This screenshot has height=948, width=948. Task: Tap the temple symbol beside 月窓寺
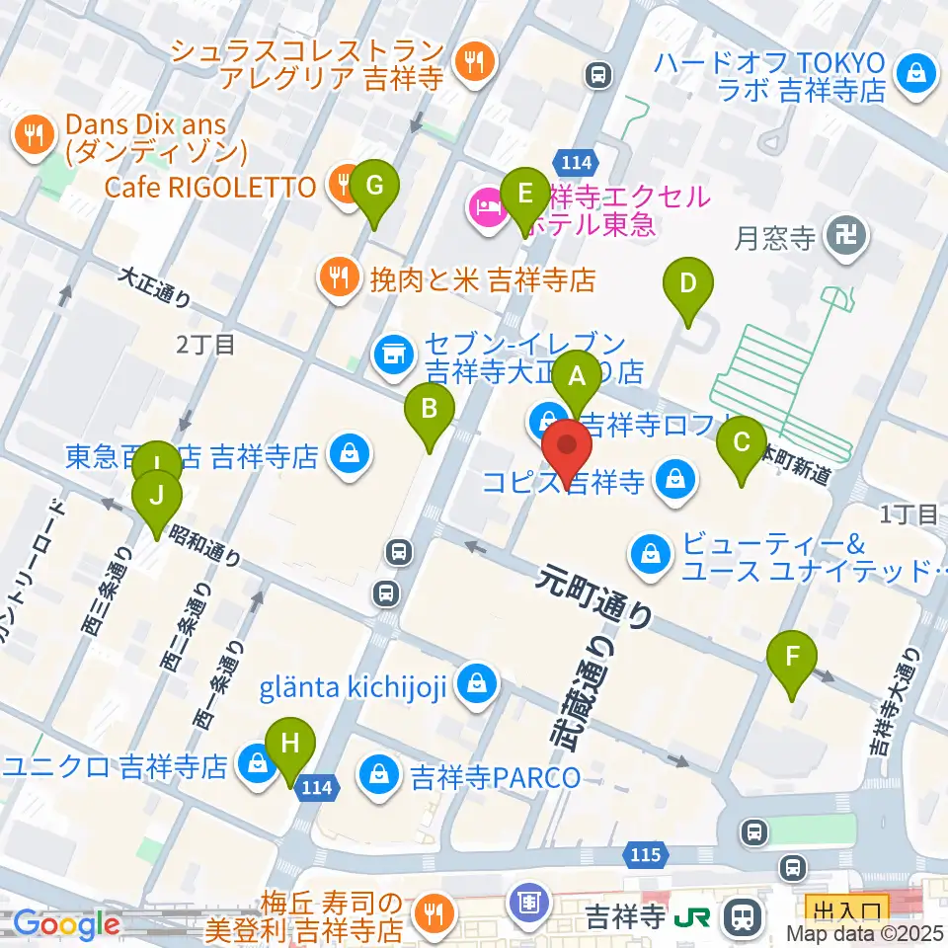click(851, 236)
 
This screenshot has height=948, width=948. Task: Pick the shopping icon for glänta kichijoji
click(477, 683)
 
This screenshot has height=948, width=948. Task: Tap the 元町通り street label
click(595, 596)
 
